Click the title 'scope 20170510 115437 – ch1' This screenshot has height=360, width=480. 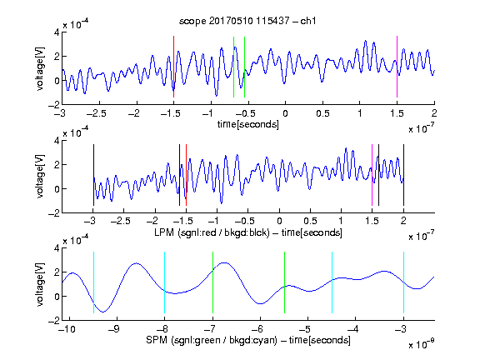point(247,21)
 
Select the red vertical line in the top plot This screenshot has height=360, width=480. point(173,67)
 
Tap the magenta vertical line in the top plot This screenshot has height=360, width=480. point(397,67)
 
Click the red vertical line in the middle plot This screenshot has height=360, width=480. point(186,175)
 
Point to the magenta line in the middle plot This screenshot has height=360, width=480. point(372,175)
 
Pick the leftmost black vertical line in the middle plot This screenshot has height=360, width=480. point(93,175)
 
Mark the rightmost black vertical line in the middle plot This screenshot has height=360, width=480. point(403,175)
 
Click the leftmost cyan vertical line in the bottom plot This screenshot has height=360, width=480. point(93,282)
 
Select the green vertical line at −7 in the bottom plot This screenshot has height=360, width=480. point(212,282)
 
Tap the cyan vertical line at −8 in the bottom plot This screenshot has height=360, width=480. point(164,282)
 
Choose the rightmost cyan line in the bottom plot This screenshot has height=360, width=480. point(403,282)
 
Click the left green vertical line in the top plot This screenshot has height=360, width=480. point(233,67)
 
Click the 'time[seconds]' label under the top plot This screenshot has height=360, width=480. point(248,124)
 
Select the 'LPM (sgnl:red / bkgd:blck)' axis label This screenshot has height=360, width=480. point(212,232)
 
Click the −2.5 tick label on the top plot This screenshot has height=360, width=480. point(97,113)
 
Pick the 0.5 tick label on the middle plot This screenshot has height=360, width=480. point(310,221)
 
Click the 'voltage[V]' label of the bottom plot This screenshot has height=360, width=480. point(40,284)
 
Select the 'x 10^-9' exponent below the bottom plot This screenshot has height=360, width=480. point(421,344)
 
